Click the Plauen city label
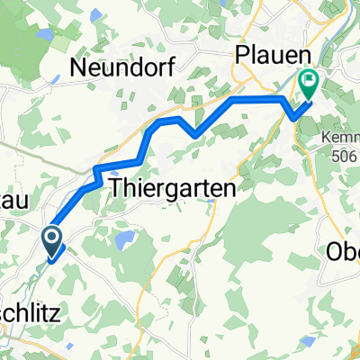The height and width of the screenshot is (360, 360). pos(267,56)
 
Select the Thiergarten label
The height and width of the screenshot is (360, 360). pos(171,190)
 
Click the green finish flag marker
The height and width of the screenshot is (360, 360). pos(309,85)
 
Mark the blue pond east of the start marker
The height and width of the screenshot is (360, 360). pos(124,240)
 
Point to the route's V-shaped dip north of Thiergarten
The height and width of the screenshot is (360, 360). pos(194,135)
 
